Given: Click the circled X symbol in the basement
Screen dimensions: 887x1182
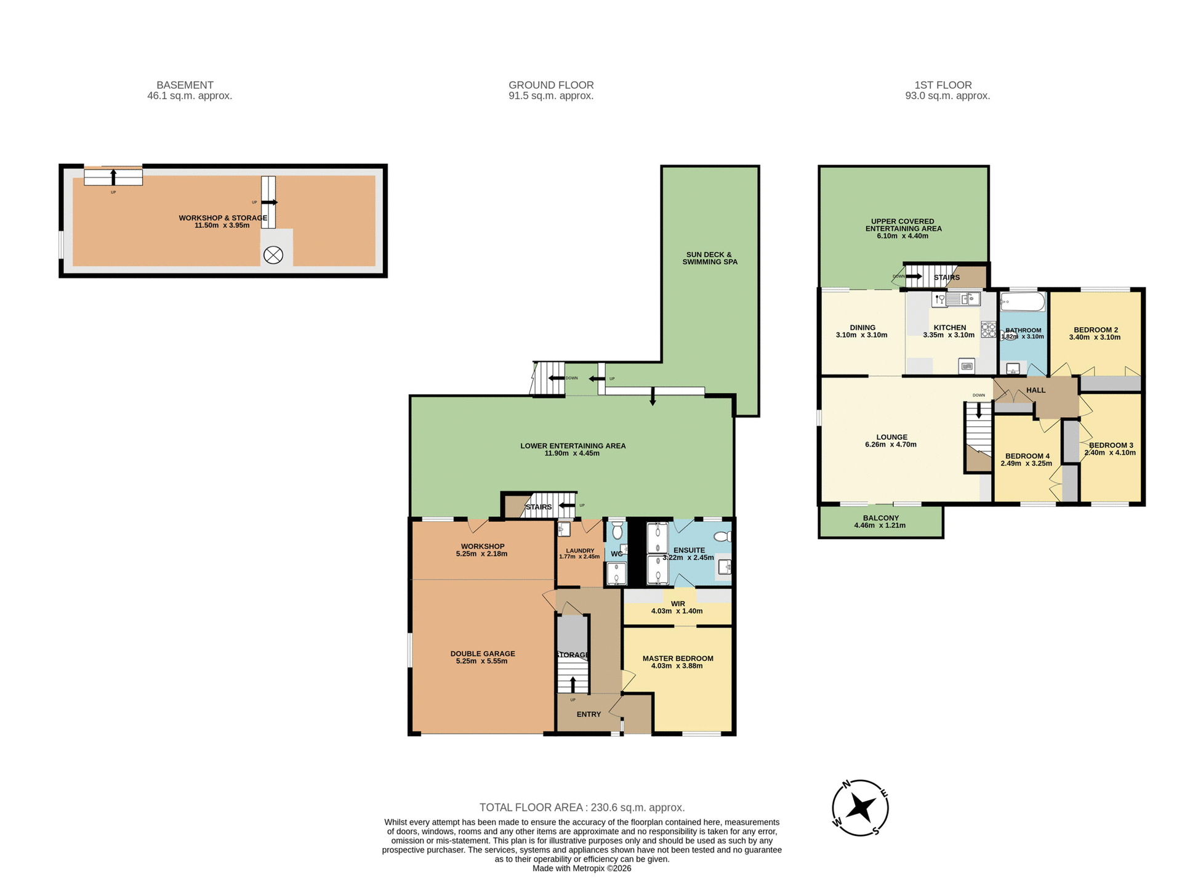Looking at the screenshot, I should pos(273,254).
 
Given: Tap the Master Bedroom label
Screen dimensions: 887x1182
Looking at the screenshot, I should pos(678,658).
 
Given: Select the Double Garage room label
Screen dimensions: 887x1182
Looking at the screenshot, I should pos(482,654).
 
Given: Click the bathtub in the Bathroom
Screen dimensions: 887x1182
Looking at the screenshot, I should pos(1022,302).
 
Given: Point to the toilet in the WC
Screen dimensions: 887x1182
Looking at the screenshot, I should pos(617,531).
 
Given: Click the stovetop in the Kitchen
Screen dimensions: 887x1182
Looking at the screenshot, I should pos(988,330).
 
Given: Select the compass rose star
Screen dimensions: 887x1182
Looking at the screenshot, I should pos(860,808).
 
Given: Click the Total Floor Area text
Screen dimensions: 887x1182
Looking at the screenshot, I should pos(582,807).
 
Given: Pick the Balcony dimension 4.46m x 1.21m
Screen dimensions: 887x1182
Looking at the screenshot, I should pos(880,525).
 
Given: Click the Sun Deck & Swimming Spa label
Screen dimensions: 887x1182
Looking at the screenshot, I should pos(709,258).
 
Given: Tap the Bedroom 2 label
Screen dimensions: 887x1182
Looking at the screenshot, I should pos(1095,330).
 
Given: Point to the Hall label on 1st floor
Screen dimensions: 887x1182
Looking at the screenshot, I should pos(1035,390).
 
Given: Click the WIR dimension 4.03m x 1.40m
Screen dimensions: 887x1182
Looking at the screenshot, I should pos(677,611).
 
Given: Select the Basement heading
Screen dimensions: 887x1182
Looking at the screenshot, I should pos(185,85).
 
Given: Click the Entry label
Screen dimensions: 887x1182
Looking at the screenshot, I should pos(589,715).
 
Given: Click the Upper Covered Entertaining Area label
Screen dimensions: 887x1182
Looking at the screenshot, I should pos(903,225).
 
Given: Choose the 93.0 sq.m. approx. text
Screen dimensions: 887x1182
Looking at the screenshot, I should pos(947,96).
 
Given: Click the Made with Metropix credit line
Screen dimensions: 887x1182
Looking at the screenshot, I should pos(582,869).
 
